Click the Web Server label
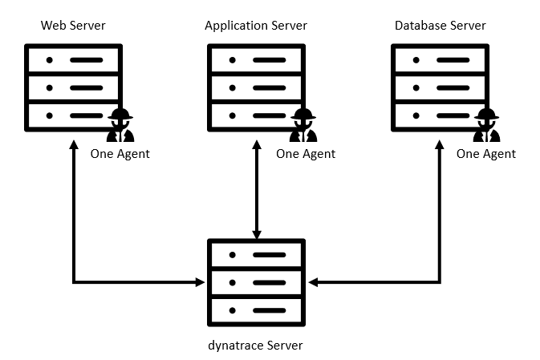[x=73, y=26]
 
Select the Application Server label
[x=256, y=26]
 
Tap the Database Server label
[x=440, y=26]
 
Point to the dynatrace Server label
[x=256, y=346]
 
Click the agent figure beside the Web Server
[x=120, y=125]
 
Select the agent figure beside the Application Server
[x=303, y=125]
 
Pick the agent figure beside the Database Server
[x=486, y=125]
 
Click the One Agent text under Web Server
[x=120, y=153]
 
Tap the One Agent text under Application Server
[x=306, y=154]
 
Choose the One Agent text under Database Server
[x=486, y=154]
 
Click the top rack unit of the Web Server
[x=73, y=60]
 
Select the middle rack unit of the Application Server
[x=256, y=87]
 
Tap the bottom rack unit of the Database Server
[x=440, y=115]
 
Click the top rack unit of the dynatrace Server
[x=256, y=255]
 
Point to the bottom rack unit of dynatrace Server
[x=256, y=309]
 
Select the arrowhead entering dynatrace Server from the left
[x=201, y=282]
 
